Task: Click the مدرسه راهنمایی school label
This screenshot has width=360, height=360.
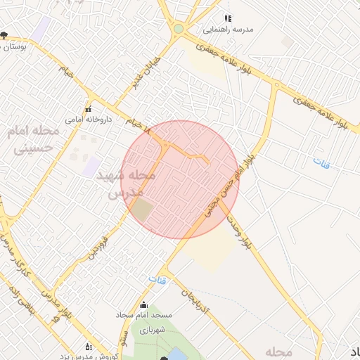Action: [228, 30]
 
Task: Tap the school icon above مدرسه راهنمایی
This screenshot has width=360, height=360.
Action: [227, 18]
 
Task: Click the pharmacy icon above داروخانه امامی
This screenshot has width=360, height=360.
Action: [88, 109]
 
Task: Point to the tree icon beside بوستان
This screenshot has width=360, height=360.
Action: [5, 34]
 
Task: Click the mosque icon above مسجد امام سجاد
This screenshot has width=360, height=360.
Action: [144, 305]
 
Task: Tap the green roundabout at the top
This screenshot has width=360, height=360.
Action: [179, 29]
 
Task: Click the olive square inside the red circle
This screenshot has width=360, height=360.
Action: [143, 209]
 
